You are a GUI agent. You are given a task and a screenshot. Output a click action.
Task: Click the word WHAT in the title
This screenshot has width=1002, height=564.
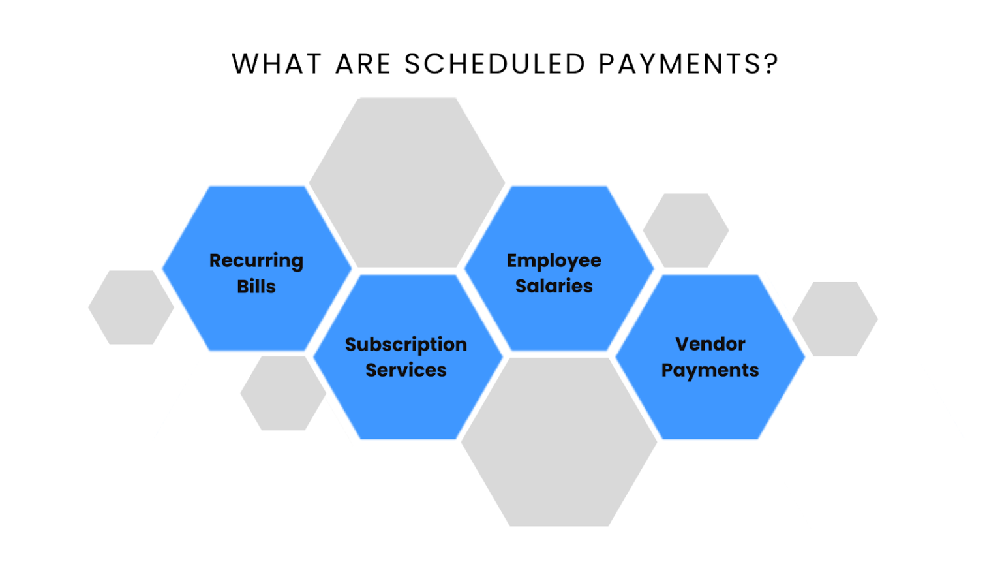277,64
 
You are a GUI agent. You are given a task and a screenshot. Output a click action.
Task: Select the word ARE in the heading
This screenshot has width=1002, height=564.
363,64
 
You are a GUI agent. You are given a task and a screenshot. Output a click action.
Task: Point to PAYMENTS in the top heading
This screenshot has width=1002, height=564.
679,64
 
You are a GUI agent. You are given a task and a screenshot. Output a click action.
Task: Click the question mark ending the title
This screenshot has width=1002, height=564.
772,64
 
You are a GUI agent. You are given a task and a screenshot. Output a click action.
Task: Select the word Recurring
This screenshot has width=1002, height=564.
256,260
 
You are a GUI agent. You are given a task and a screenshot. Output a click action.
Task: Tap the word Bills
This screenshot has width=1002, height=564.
256,287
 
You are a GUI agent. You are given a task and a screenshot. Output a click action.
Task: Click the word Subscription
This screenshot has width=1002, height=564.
406,345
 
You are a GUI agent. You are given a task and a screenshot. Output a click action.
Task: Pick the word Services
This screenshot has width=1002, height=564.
406,370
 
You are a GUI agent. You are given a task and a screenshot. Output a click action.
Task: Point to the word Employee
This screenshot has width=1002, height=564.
554,260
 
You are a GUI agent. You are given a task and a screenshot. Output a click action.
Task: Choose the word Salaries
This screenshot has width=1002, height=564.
554,286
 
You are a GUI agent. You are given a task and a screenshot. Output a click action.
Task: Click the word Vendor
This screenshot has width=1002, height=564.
710,344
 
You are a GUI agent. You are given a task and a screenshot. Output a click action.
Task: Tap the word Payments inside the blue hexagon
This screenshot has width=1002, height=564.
710,370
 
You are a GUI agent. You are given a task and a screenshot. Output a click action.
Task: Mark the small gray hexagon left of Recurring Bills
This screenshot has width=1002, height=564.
131,307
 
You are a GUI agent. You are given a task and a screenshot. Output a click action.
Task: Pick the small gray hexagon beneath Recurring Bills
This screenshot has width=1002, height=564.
283,393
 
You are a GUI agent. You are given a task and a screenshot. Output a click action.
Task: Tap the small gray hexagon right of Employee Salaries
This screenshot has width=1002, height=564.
686,230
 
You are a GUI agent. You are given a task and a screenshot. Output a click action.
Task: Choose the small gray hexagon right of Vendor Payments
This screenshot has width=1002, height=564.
835,319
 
